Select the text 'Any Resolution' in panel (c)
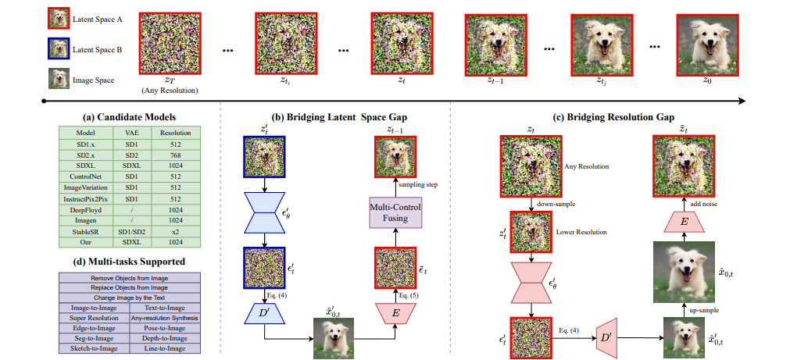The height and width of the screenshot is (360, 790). click(588, 166)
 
